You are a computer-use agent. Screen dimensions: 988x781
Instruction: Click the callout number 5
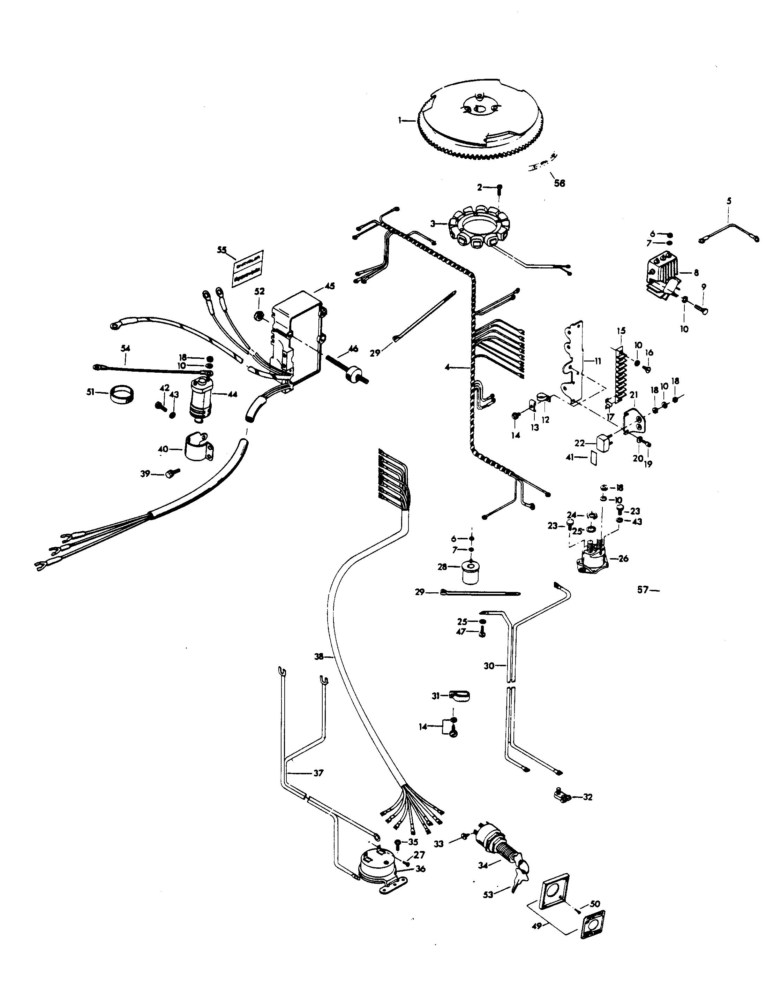(x=729, y=200)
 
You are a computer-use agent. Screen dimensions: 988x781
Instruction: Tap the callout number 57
(x=643, y=590)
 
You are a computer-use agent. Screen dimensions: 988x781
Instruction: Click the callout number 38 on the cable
(x=319, y=657)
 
